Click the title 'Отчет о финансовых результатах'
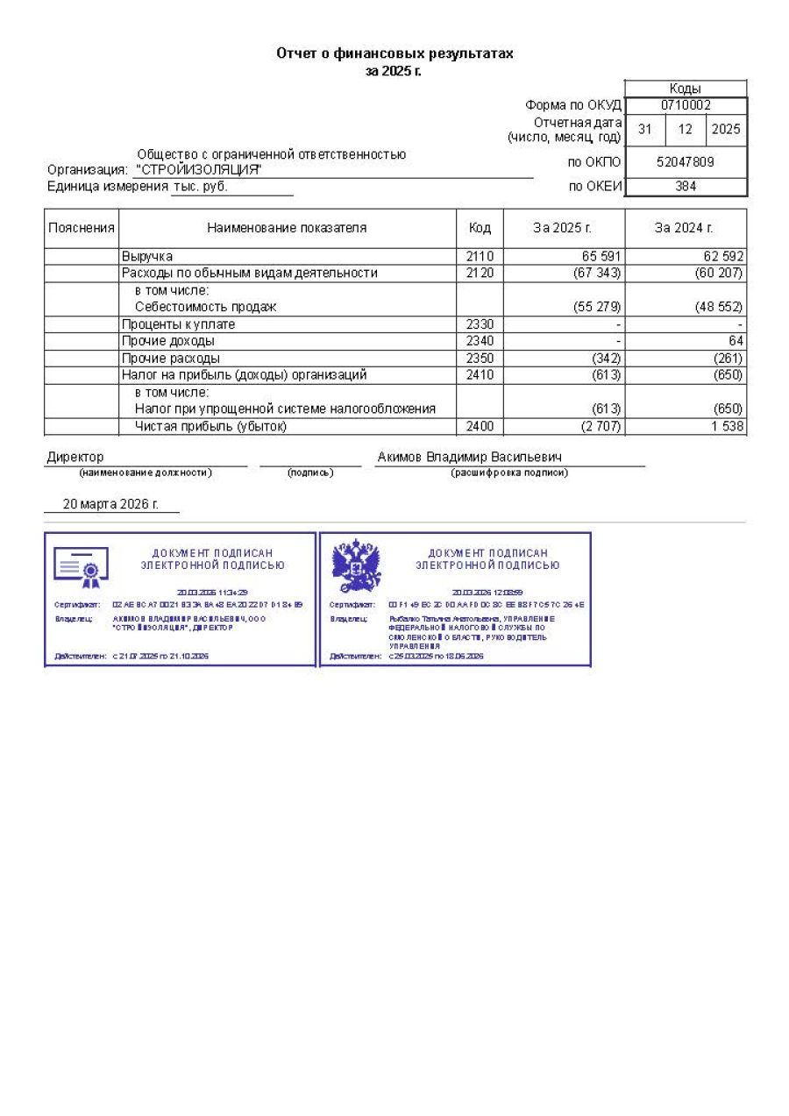[x=394, y=53]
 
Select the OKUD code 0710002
[x=686, y=105]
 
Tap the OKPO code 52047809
[x=686, y=161]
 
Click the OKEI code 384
[x=686, y=186]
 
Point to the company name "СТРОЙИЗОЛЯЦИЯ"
[x=198, y=169]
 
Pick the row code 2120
[x=480, y=273]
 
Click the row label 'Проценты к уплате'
[x=178, y=324]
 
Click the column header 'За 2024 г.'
[x=685, y=228]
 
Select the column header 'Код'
[x=480, y=228]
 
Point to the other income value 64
[x=736, y=341]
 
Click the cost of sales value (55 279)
[x=595, y=307]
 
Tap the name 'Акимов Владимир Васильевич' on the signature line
[x=470, y=457]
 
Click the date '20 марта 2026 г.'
[x=110, y=504]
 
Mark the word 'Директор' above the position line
[x=75, y=457]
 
